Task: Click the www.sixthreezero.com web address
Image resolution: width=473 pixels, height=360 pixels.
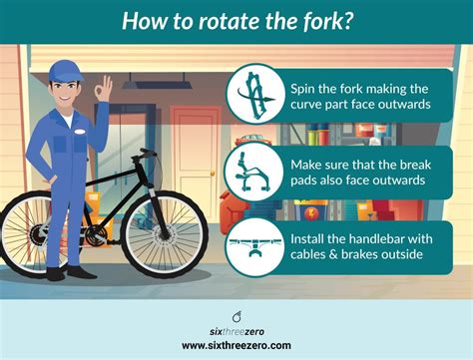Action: coord(236,344)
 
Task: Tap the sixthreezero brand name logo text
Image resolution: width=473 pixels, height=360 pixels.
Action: coord(236,330)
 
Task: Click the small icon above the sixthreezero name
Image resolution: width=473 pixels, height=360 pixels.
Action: coord(236,315)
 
